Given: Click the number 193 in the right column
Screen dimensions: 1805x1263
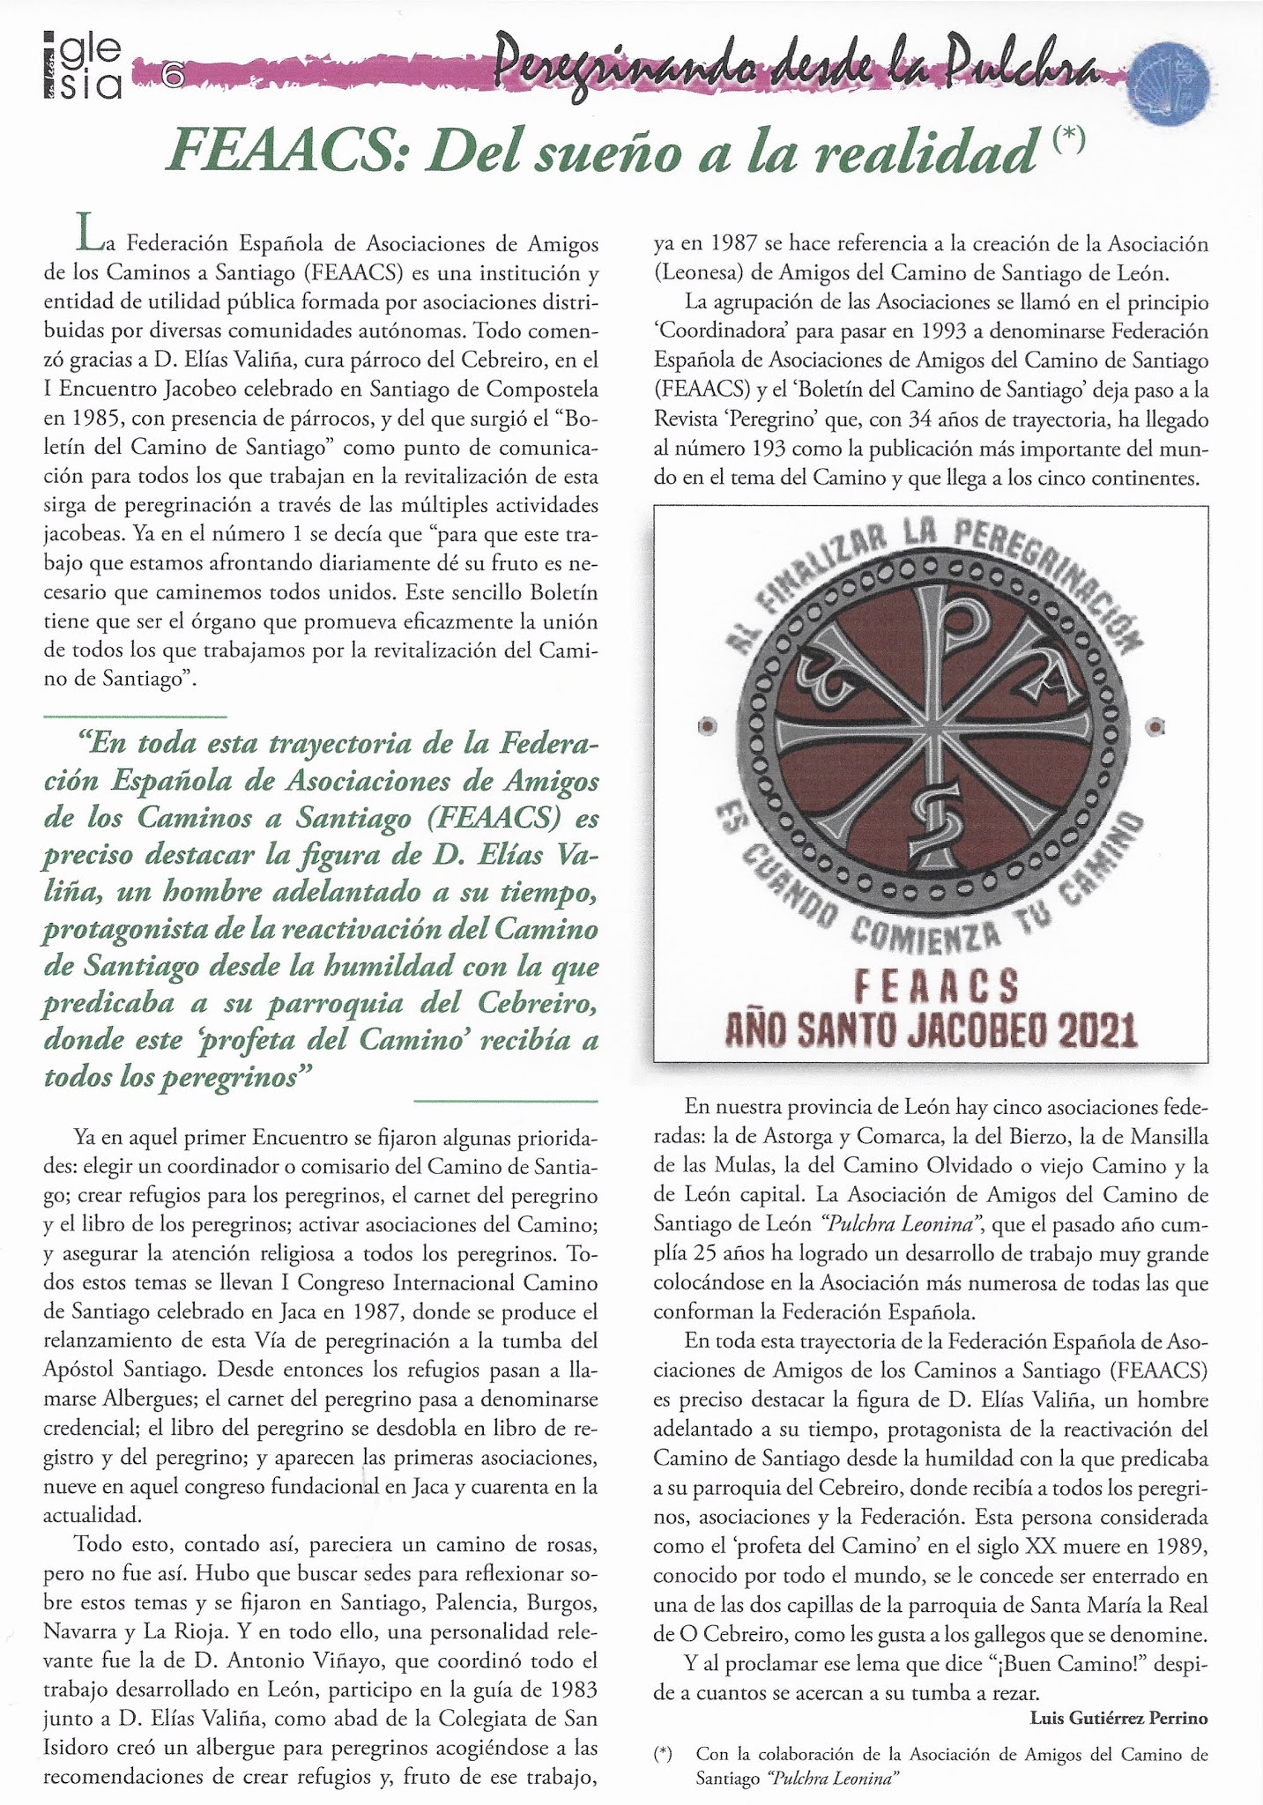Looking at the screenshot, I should pos(756,448).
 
